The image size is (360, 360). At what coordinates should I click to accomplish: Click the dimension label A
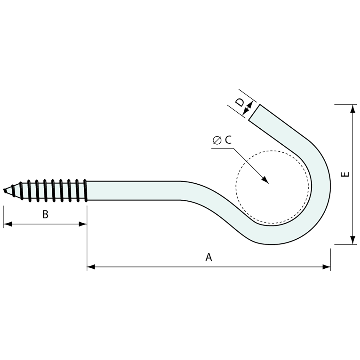(208, 257)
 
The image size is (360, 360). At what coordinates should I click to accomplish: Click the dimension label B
(45, 214)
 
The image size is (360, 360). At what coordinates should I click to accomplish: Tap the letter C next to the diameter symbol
(228, 140)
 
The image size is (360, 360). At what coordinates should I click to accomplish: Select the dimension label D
(240, 103)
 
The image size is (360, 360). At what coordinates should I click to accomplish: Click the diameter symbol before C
(216, 140)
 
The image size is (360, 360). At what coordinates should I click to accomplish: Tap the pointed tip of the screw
(5, 190)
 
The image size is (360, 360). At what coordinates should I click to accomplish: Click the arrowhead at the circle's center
(265, 181)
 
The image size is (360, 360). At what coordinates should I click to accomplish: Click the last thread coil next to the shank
(85, 190)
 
